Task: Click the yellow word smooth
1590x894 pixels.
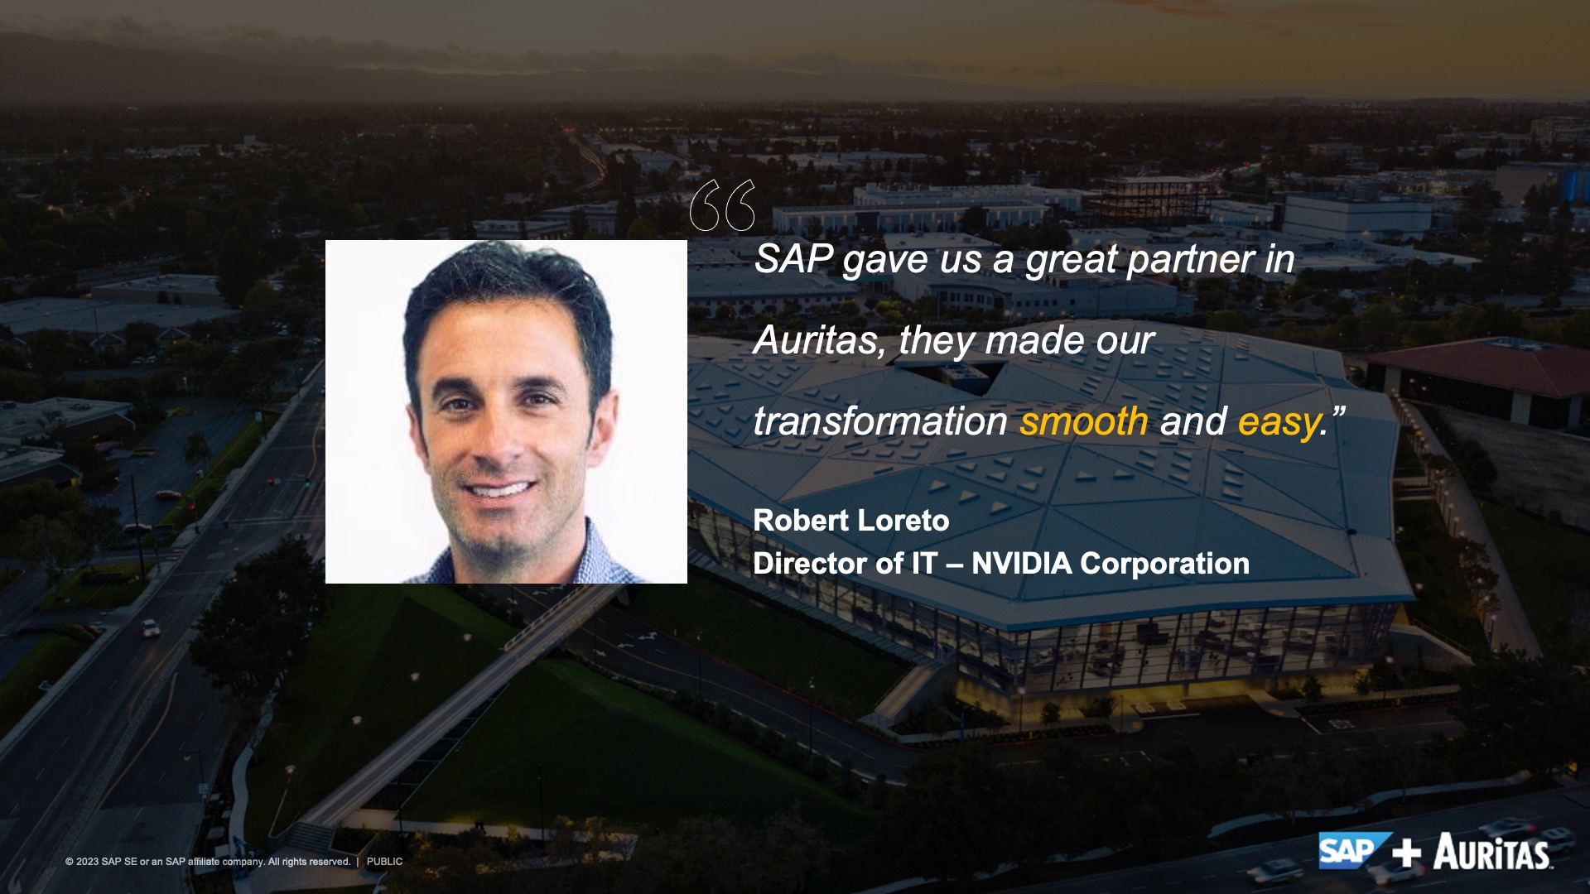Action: click(1083, 421)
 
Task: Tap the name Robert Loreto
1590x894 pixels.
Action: click(850, 521)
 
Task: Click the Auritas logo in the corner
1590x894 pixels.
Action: click(1492, 852)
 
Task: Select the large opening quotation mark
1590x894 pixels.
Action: click(722, 205)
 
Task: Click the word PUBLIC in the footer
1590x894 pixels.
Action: click(384, 862)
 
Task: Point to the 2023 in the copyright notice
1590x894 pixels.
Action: click(87, 862)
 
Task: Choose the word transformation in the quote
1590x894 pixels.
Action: click(880, 421)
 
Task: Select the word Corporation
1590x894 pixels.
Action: click(1165, 565)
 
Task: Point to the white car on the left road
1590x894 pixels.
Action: click(150, 628)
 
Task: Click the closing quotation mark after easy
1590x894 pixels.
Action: click(1337, 411)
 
